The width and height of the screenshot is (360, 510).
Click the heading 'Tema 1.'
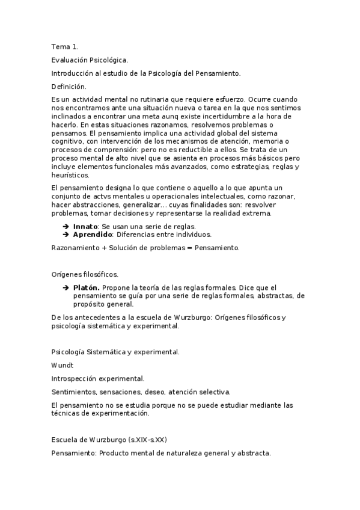[x=65, y=46]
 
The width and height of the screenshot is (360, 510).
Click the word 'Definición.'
[x=69, y=87]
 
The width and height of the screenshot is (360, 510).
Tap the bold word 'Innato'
[x=86, y=226]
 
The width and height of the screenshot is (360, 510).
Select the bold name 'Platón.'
[x=87, y=288]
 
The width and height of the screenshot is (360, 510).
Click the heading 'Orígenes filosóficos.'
[x=85, y=274]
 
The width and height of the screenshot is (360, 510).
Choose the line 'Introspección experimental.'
[x=98, y=378]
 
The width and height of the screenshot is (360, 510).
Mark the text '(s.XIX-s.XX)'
[x=147, y=440]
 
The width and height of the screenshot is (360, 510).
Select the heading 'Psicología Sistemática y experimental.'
[x=115, y=351]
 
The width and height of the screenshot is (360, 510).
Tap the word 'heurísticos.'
[x=70, y=176]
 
